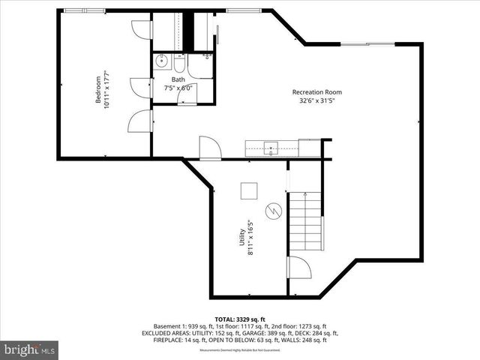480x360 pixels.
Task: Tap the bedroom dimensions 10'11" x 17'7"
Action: pos(107,90)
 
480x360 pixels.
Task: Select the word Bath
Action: pos(178,79)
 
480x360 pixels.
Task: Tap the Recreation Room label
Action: pos(313,92)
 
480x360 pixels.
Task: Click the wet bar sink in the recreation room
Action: pos(271,148)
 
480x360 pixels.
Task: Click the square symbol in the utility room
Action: pos(248,190)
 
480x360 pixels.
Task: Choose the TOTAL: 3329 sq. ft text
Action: pos(240,319)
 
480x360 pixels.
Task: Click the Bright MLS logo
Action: pos(30,349)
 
